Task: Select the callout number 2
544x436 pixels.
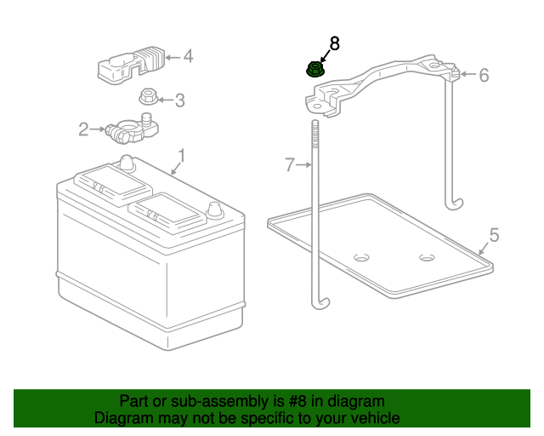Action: click(x=83, y=129)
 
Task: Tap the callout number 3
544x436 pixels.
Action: click(x=179, y=100)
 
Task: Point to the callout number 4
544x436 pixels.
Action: click(x=188, y=57)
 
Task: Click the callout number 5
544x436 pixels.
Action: click(x=494, y=234)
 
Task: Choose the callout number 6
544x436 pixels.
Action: click(x=484, y=76)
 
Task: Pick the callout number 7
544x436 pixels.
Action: click(x=289, y=164)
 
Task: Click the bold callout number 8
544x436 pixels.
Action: click(x=334, y=43)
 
